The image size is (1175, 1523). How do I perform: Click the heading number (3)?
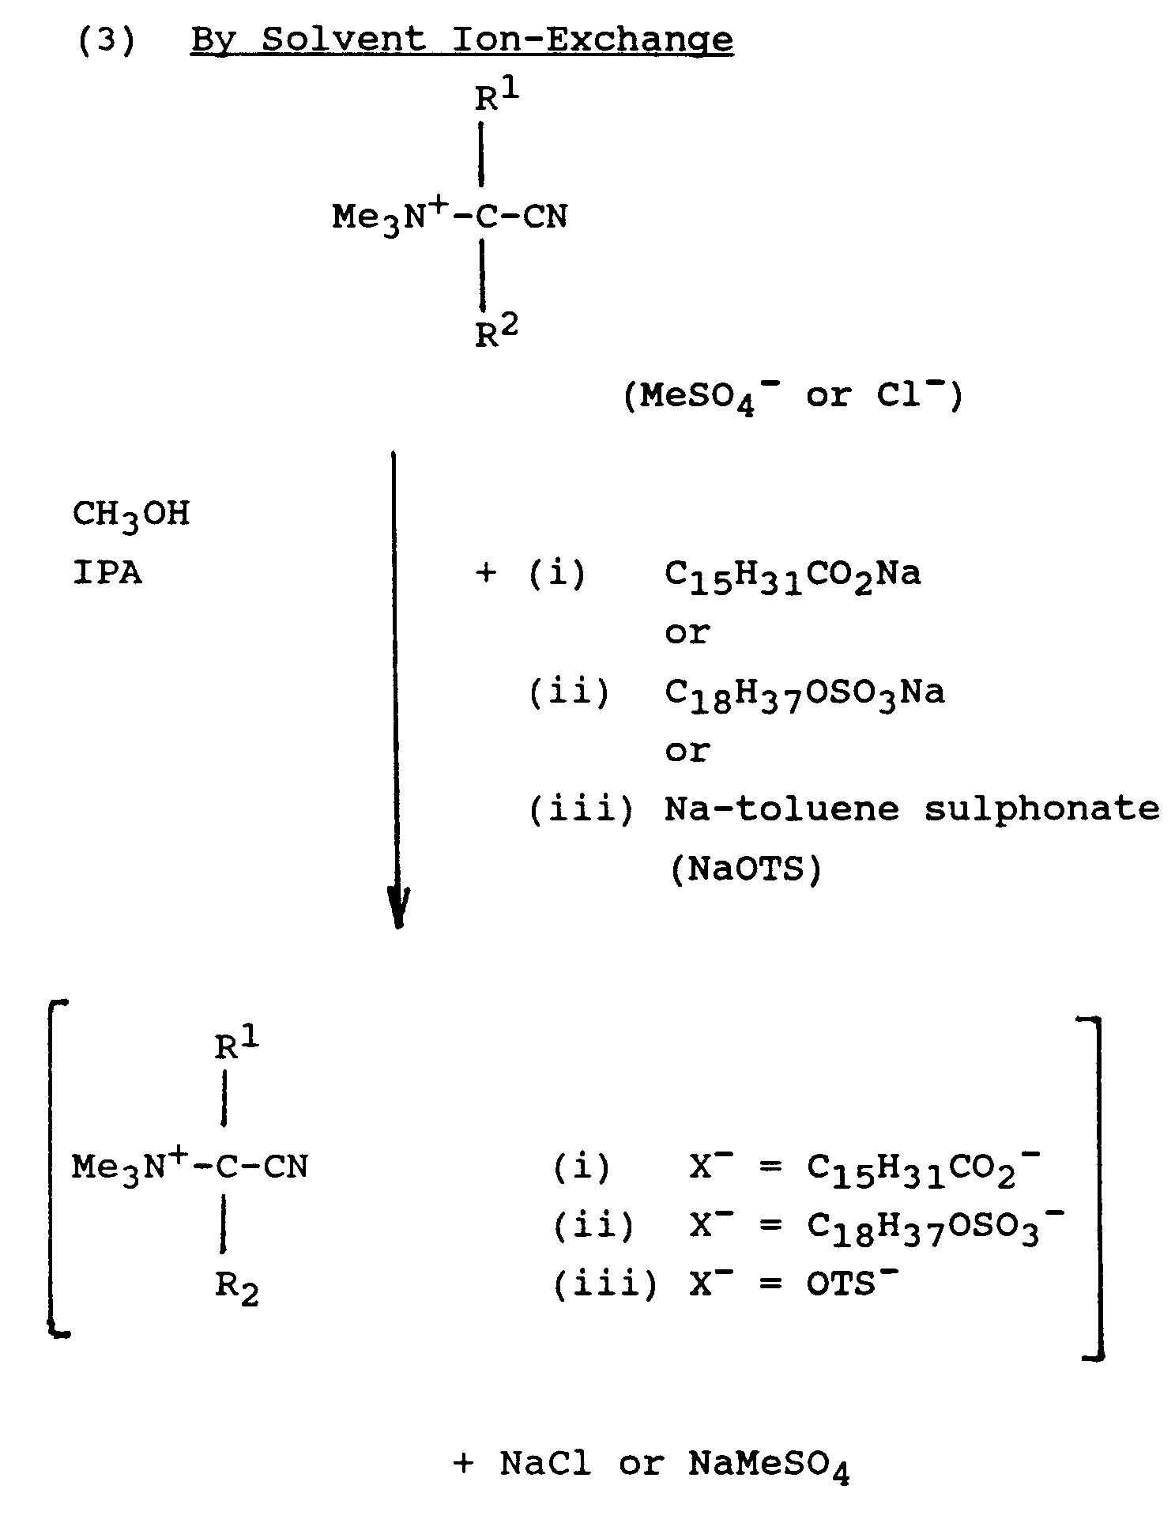pyautogui.click(x=106, y=40)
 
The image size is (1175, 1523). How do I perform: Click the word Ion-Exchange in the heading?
pyautogui.click(x=592, y=40)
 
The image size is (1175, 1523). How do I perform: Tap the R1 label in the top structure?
pyautogui.click(x=496, y=96)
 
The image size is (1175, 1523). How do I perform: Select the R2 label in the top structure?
pyautogui.click(x=496, y=333)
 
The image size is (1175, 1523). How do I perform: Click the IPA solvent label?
pyautogui.click(x=107, y=573)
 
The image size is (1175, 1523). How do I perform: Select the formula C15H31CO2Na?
pyautogui.click(x=793, y=575)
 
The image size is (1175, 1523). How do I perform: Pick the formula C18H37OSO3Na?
pyautogui.click(x=804, y=694)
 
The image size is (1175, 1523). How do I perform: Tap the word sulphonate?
pyautogui.click(x=1041, y=809)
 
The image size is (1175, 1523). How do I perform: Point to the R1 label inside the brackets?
pyautogui.click(x=236, y=1045)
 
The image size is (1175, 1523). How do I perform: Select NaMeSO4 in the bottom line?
pyautogui.click(x=768, y=1465)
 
